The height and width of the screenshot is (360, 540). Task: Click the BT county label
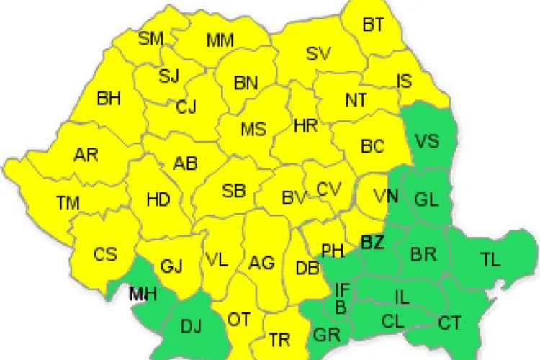point(373,25)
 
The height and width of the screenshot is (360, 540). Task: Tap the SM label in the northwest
point(150,38)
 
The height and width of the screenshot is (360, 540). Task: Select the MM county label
point(220,40)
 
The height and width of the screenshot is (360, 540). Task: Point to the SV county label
point(319,53)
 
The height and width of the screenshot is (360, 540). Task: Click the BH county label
point(109,99)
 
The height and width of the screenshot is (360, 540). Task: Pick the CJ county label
point(186,107)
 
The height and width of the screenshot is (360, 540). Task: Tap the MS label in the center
point(253,130)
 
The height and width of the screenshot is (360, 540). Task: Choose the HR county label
point(306,126)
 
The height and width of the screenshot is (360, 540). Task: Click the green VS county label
point(428,140)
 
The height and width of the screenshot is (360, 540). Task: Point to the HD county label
point(158,199)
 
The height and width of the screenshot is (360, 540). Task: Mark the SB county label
point(233,191)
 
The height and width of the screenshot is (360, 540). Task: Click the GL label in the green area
point(426,199)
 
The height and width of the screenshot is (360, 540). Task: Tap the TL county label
point(490,260)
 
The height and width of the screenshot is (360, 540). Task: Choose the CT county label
point(450,323)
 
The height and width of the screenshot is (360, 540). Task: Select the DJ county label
point(191,328)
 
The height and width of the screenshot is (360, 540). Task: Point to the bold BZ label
point(372,243)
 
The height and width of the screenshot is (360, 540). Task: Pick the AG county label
point(261,263)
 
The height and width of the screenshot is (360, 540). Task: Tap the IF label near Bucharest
point(343,290)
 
